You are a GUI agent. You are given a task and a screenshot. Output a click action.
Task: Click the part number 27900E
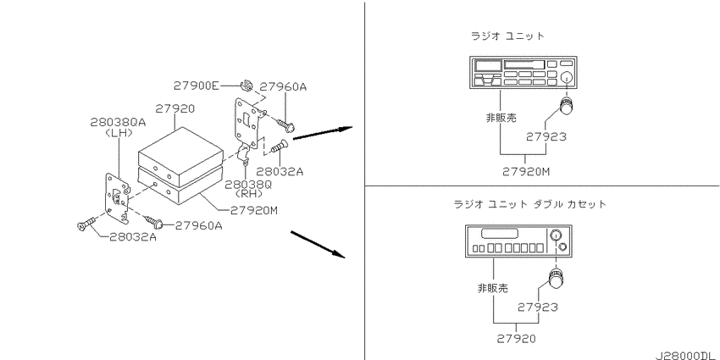pyautogui.click(x=196, y=86)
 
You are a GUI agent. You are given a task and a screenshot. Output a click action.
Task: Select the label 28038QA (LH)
pyautogui.click(x=118, y=127)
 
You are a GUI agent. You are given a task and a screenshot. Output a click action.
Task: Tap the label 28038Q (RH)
pyautogui.click(x=248, y=188)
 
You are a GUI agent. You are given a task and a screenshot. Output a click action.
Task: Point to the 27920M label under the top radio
pyautogui.click(x=526, y=172)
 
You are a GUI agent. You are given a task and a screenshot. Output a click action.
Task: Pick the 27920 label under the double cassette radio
pyautogui.click(x=516, y=339)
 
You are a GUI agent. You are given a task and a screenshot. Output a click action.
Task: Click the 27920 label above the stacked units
pyautogui.click(x=175, y=108)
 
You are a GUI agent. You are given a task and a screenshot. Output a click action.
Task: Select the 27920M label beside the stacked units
pyautogui.click(x=254, y=210)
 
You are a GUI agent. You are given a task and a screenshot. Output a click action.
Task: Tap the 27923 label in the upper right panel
pyautogui.click(x=546, y=136)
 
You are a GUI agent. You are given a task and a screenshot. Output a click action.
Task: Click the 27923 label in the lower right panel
pyautogui.click(x=538, y=307)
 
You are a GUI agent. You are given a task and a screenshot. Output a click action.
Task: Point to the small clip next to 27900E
pyautogui.click(x=246, y=86)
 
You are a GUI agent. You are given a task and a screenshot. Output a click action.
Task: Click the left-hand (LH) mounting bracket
pyautogui.click(x=117, y=195)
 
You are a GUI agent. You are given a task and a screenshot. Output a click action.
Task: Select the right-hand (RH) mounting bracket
pyautogui.click(x=248, y=129)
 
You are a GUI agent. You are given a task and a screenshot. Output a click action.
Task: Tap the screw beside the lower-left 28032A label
pyautogui.click(x=86, y=224)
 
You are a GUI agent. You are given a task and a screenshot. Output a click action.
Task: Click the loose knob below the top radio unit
pyautogui.click(x=566, y=106)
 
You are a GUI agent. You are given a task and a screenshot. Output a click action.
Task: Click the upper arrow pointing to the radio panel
pyautogui.click(x=323, y=133)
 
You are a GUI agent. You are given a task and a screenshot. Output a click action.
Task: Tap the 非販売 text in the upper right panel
pyautogui.click(x=501, y=118)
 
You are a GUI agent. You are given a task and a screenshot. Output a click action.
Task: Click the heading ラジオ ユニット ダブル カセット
pyautogui.click(x=530, y=204)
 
